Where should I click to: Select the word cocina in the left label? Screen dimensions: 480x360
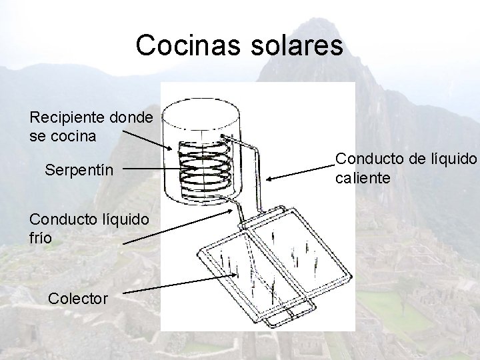77,137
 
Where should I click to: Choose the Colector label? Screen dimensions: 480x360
78,298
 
